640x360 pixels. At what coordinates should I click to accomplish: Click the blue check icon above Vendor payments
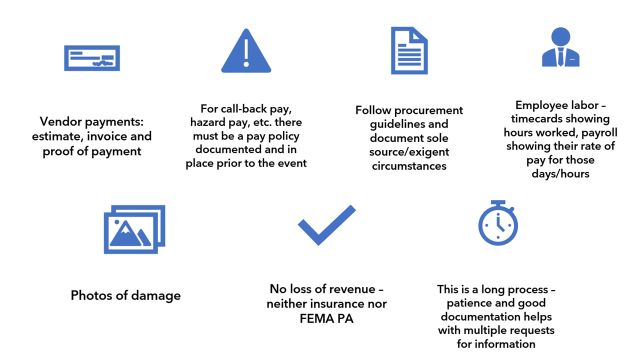pyautogui.click(x=92, y=58)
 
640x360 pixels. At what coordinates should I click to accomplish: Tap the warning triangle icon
pyautogui.click(x=246, y=50)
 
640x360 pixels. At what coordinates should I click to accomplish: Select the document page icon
pyautogui.click(x=409, y=50)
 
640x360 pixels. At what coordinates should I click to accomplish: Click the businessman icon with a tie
pyautogui.click(x=560, y=47)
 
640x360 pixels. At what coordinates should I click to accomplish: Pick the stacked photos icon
pyautogui.click(x=134, y=229)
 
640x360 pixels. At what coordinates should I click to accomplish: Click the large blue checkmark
pyautogui.click(x=326, y=225)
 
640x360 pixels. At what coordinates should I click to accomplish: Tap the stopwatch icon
pyautogui.click(x=498, y=223)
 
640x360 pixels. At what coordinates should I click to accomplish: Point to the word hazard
pyautogui.click(x=207, y=122)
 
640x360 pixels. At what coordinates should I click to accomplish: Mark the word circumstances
pyautogui.click(x=409, y=166)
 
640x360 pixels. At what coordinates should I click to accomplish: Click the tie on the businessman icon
pyautogui.click(x=560, y=56)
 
